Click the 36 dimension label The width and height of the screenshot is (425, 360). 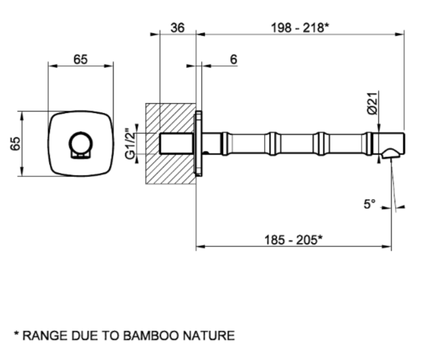(178, 27)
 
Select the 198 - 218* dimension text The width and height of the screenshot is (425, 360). (300, 27)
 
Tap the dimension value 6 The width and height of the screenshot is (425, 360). (233, 59)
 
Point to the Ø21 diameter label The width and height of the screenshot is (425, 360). (372, 104)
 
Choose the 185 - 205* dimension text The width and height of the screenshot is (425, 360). (294, 240)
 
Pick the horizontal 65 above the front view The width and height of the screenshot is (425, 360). (80, 59)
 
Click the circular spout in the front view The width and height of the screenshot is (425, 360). (80, 143)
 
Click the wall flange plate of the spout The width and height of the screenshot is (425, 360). (199, 143)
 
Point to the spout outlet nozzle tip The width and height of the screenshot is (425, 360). (391, 153)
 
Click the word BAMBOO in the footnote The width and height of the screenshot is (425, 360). (150, 335)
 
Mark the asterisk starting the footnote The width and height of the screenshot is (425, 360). (17, 334)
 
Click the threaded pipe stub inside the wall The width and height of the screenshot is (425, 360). (176, 143)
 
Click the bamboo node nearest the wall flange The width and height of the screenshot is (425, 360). (225, 144)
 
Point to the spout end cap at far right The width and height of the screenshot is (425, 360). (399, 142)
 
